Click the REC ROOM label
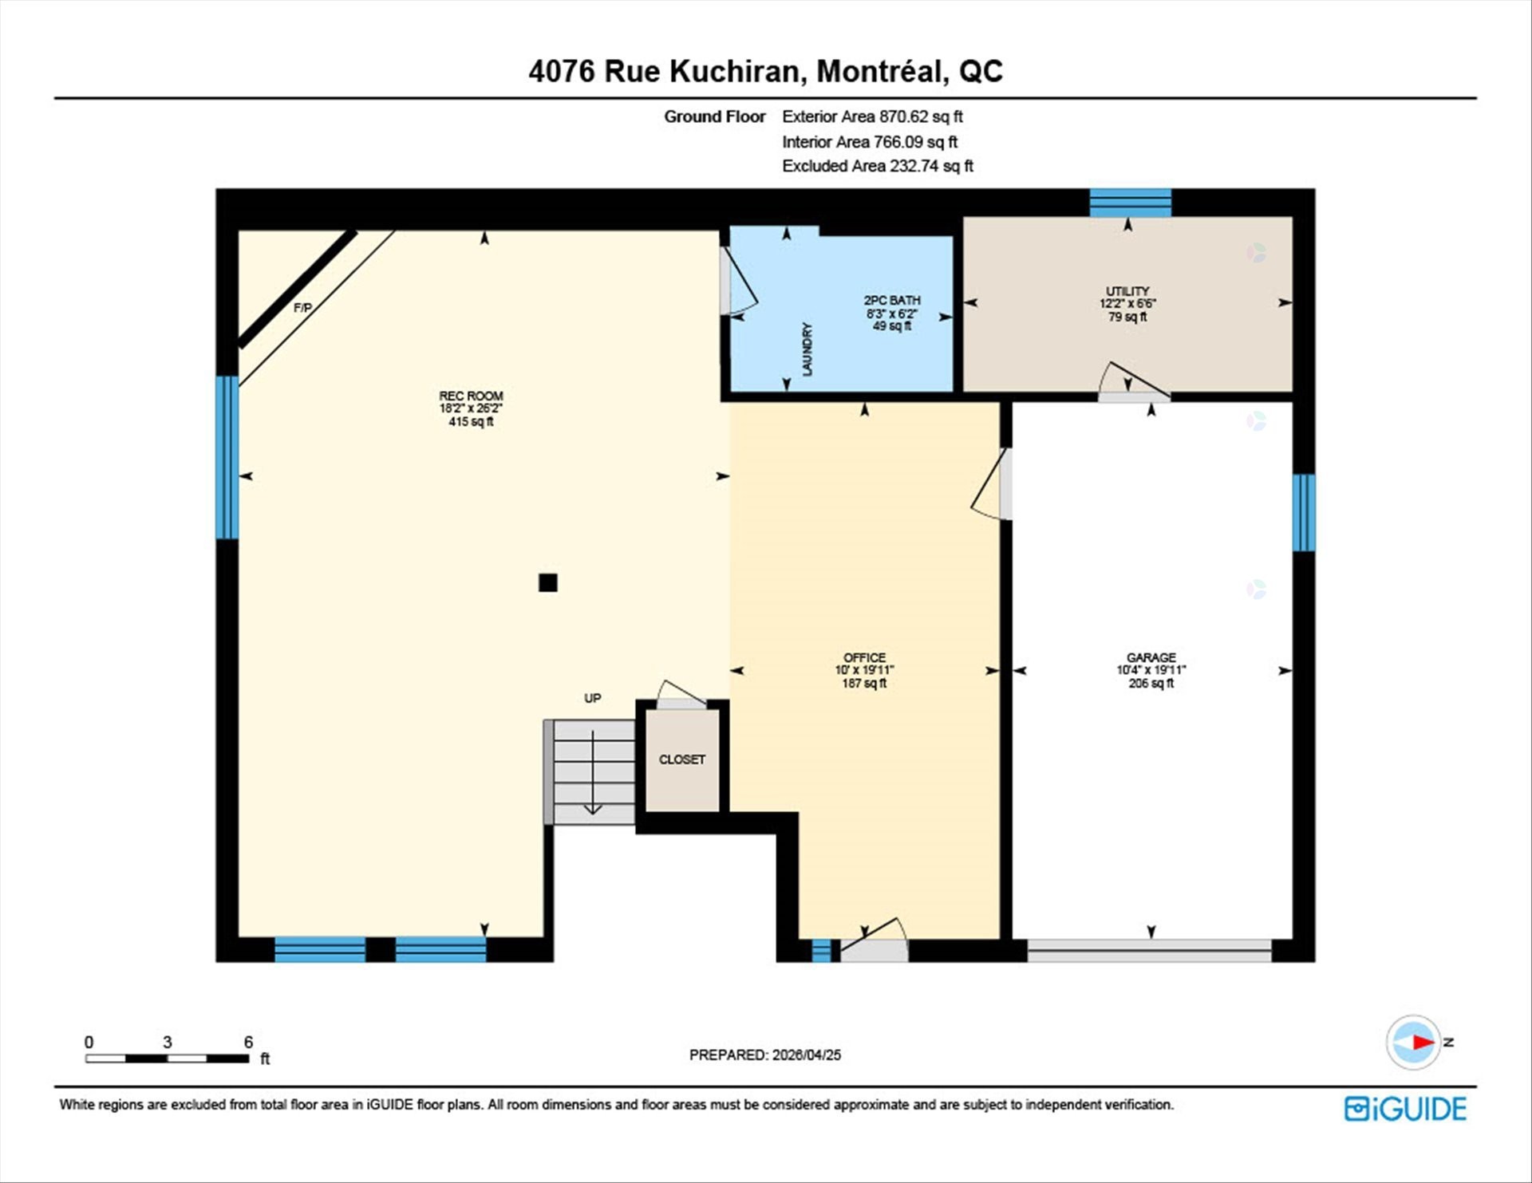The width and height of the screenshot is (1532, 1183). point(471,396)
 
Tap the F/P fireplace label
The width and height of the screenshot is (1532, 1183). point(302,307)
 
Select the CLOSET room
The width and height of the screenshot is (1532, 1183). point(681,759)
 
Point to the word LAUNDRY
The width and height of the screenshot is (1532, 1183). point(807,349)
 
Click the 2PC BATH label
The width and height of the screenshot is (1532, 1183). point(892,301)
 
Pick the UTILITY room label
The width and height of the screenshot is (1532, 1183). point(1127,291)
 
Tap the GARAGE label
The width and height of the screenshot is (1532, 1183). point(1151,658)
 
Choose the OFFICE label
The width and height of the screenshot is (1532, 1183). point(864,658)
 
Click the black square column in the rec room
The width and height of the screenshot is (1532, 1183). point(547,582)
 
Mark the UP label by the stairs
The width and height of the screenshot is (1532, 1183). point(592,698)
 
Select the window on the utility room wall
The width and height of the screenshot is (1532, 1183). point(1130,203)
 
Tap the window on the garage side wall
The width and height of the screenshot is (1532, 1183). point(1303,512)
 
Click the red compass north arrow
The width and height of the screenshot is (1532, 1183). point(1423,1042)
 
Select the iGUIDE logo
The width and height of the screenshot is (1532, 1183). point(1405,1109)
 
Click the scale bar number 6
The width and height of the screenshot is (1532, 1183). point(248,1042)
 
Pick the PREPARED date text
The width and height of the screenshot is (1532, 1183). point(764,1055)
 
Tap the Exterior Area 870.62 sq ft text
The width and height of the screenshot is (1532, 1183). point(872,116)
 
